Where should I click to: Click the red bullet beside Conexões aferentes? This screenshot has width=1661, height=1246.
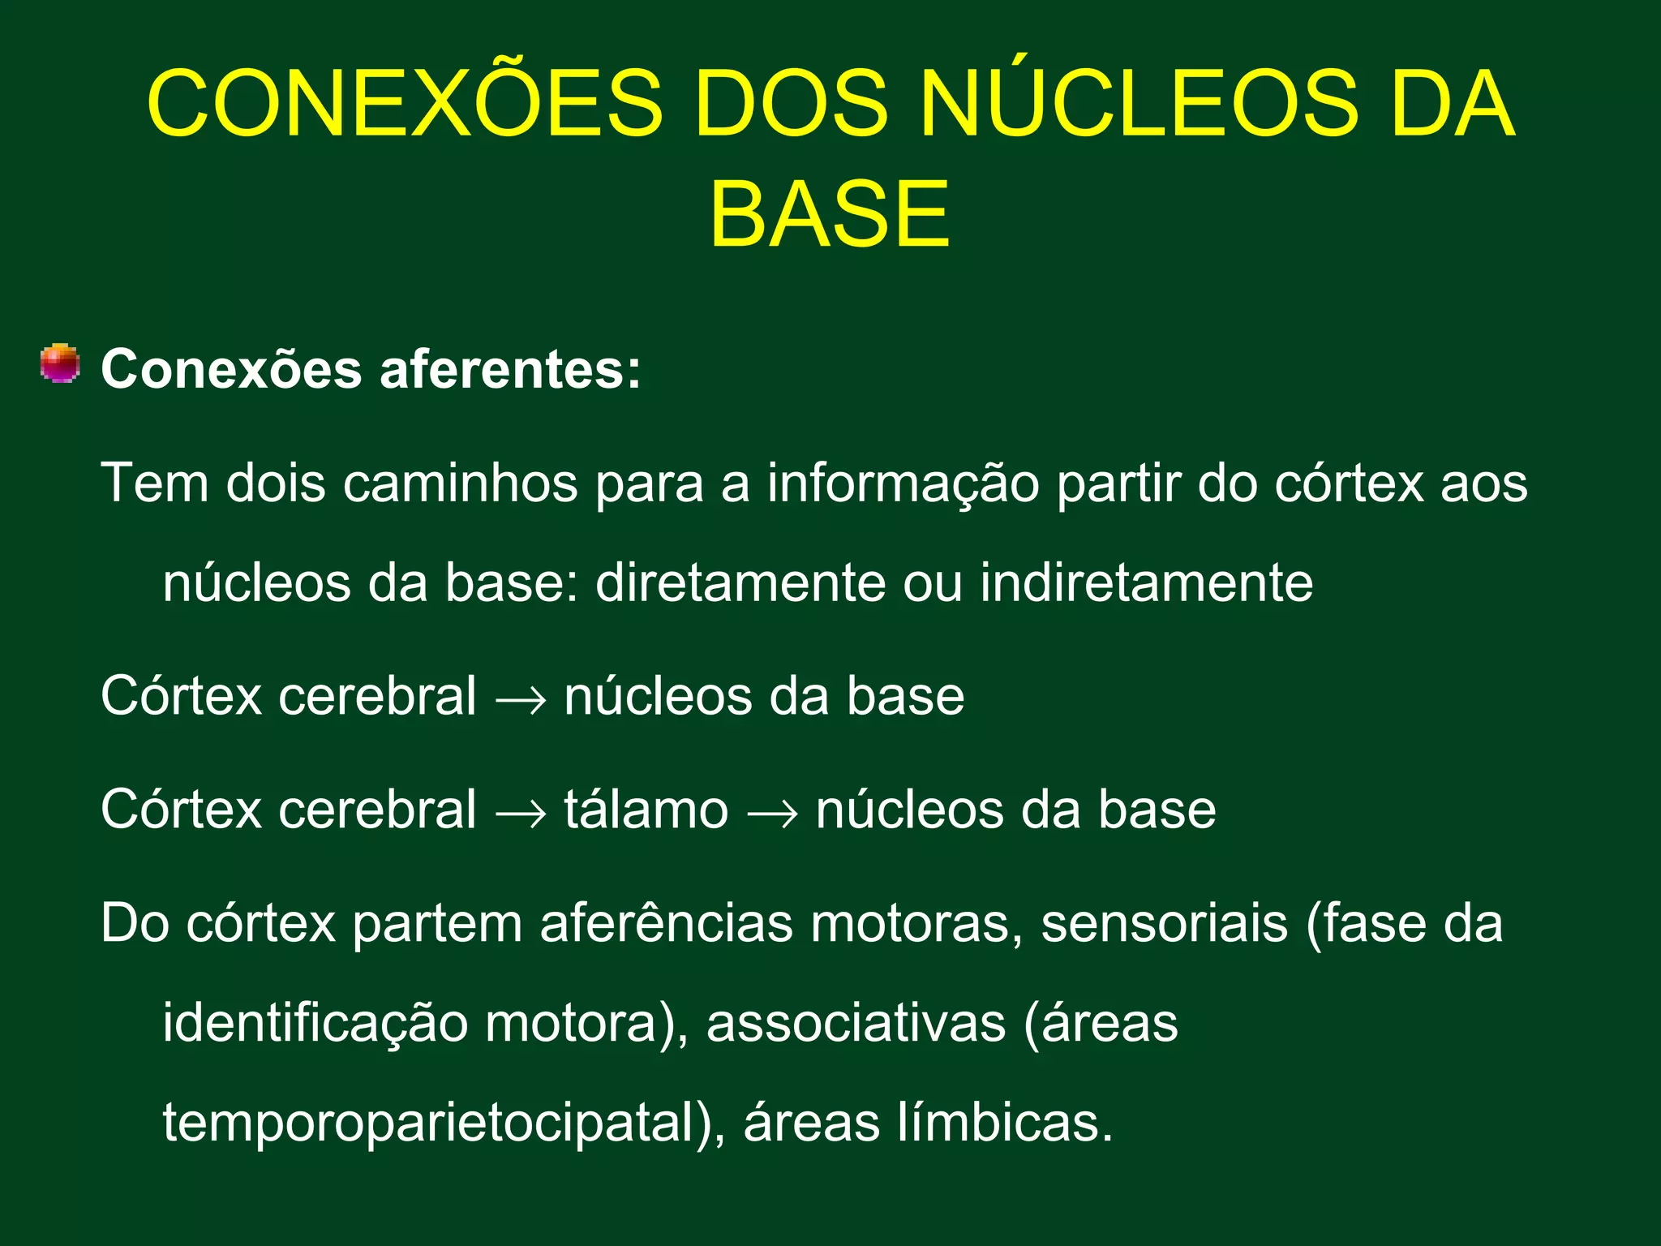pyautogui.click(x=60, y=363)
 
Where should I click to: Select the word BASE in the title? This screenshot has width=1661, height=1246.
pyautogui.click(x=829, y=215)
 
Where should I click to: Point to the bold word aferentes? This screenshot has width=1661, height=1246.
pyautogui.click(x=510, y=370)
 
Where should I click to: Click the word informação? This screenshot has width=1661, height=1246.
pyautogui.click(x=903, y=483)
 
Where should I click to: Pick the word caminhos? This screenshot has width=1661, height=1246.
pyautogui.click(x=460, y=483)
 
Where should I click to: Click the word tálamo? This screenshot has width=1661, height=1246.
pyautogui.click(x=646, y=810)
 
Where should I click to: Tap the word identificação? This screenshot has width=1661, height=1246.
pyautogui.click(x=315, y=1024)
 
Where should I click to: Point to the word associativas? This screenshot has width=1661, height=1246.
pyautogui.click(x=856, y=1024)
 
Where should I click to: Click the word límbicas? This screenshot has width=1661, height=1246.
pyautogui.click(x=1005, y=1123)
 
